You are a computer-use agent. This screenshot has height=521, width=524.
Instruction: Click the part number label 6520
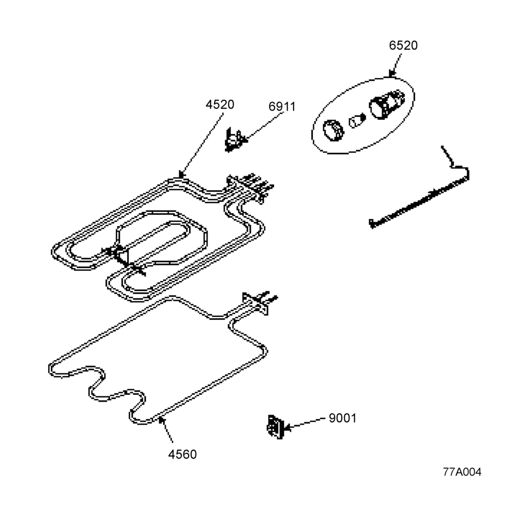pos(403,46)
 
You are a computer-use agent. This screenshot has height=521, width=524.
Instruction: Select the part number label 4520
pos(220,105)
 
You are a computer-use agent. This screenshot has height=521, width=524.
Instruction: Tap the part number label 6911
pos(282,107)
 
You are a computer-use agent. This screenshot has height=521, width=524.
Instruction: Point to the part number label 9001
pos(343,418)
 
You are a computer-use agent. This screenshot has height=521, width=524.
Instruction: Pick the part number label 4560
pos(182,455)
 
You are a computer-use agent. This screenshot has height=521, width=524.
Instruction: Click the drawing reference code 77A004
pos(462,472)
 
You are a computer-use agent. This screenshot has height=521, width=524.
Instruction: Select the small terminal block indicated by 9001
pos(276,426)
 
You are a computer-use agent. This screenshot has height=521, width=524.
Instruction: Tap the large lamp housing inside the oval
pos(387,104)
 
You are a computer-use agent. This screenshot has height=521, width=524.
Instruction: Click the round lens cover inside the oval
pos(333,130)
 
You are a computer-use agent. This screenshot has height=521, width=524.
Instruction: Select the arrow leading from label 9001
pos(305,423)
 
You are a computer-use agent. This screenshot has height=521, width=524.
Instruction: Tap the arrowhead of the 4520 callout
pos(181,174)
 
